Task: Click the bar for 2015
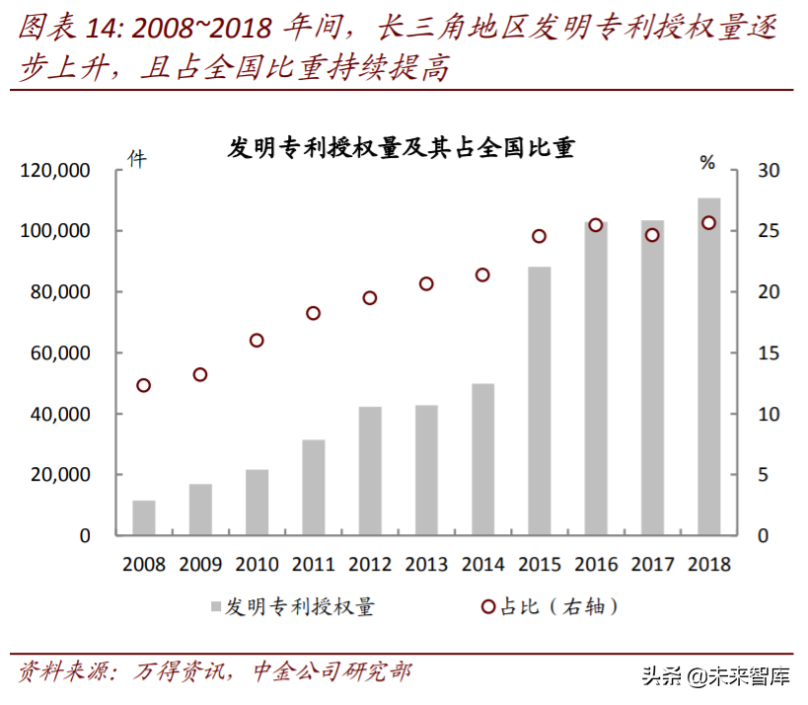click(x=539, y=401)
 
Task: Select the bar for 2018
click(x=708, y=366)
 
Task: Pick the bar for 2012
click(x=370, y=471)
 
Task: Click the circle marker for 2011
click(x=314, y=313)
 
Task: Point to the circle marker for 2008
click(x=144, y=385)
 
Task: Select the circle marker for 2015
click(x=539, y=236)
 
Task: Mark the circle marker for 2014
click(x=482, y=274)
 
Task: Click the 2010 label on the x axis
click(x=257, y=565)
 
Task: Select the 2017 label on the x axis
click(x=652, y=565)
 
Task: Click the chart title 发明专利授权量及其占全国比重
click(x=402, y=148)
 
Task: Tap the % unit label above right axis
click(x=706, y=161)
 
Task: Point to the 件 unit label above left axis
click(x=137, y=158)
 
